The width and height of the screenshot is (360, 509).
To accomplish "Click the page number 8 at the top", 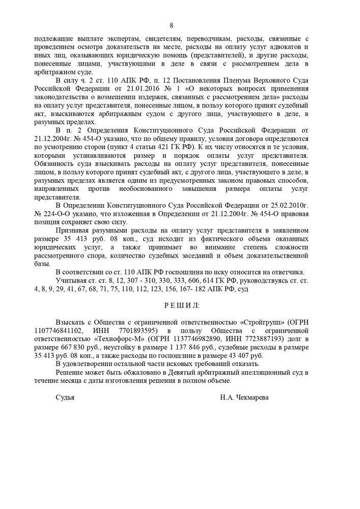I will [x=171, y=25].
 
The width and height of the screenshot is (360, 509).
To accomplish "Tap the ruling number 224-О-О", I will [x=62, y=214].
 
